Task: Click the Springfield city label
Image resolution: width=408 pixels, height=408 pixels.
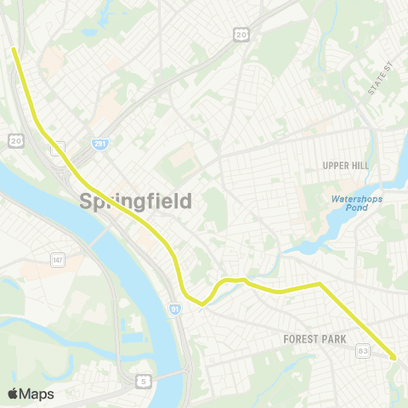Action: pos(135,201)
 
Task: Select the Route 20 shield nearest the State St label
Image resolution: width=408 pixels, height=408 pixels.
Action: pos(241,33)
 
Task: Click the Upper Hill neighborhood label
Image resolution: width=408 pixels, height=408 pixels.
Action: pos(346,165)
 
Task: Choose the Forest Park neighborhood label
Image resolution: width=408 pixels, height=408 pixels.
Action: pos(314,339)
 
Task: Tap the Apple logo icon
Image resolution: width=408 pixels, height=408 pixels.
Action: pos(13,394)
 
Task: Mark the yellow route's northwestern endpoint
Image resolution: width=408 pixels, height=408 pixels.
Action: pos(14,48)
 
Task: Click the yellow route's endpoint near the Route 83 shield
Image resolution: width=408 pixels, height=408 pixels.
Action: pos(394,359)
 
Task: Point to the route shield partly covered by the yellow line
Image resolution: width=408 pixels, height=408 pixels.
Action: pos(57,148)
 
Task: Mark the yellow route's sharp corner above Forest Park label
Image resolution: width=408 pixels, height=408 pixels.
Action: pos(320,284)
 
